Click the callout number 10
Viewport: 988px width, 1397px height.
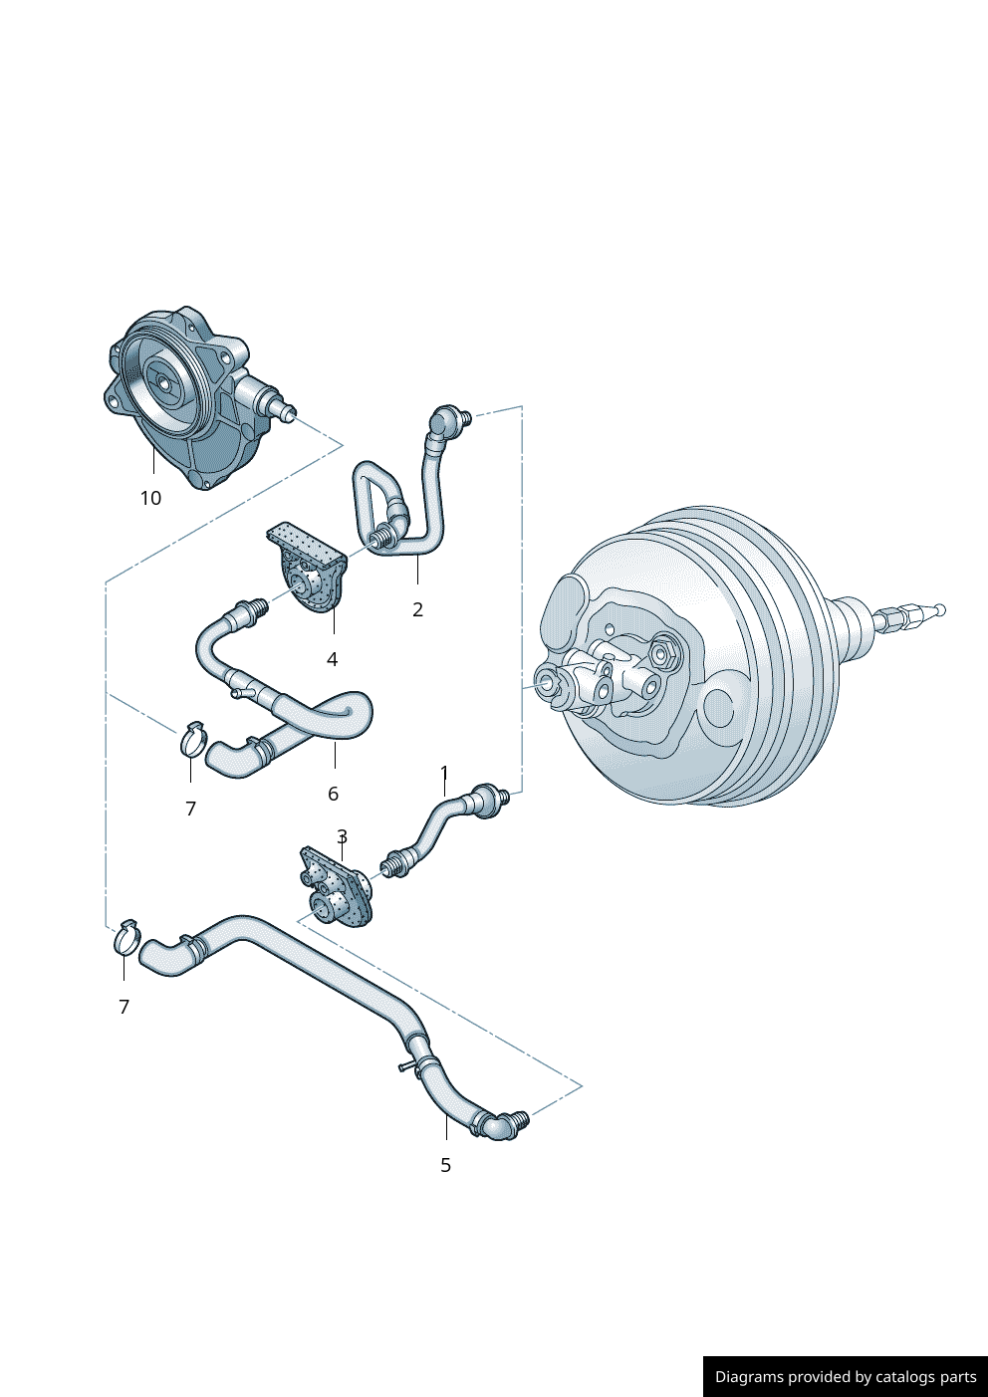150,498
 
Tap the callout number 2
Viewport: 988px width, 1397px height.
417,609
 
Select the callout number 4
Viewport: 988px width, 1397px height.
332,659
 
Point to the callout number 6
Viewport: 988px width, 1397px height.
333,794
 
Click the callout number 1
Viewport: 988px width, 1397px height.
444,774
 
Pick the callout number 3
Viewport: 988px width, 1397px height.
342,836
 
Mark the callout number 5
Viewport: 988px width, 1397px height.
445,1165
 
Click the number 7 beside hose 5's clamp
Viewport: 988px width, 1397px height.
123,1007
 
